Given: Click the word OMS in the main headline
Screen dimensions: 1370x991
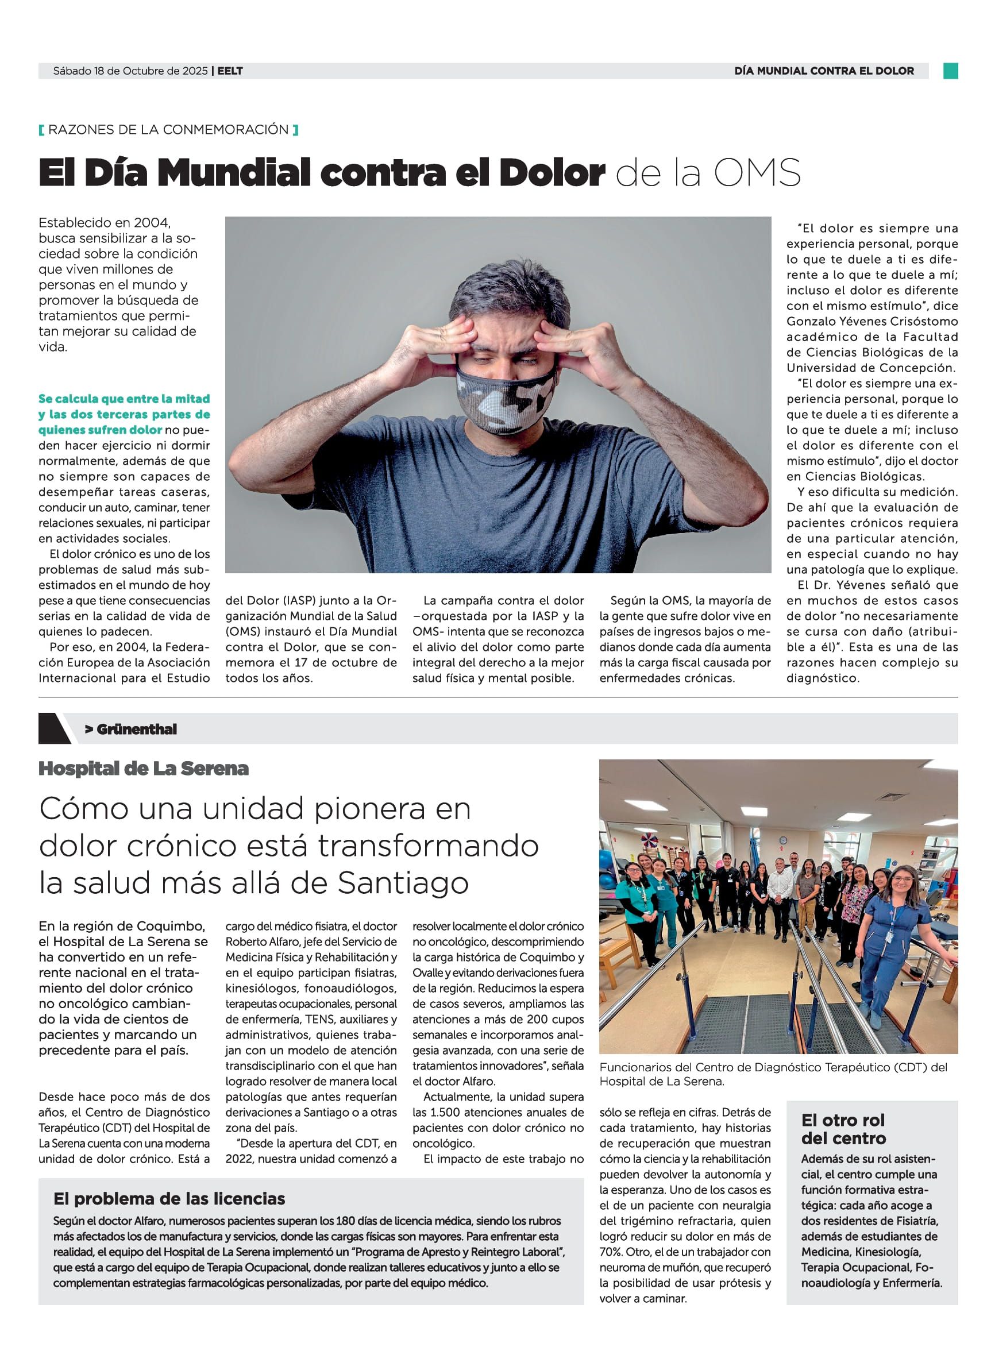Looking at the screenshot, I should click(757, 173).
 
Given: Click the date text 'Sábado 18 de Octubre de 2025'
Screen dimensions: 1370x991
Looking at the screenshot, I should click(130, 71).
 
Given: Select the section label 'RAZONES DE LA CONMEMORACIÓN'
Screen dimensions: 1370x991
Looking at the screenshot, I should click(168, 129).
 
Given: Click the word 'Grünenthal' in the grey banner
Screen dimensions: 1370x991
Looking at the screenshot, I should click(137, 729).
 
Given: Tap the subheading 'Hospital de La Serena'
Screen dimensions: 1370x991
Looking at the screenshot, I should click(144, 769).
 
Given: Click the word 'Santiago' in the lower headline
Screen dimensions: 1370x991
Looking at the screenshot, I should click(403, 883).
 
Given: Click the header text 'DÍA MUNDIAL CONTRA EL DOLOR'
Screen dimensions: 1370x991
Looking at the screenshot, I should click(824, 71).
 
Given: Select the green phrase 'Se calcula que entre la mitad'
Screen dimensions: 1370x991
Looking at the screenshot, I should click(124, 399).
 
